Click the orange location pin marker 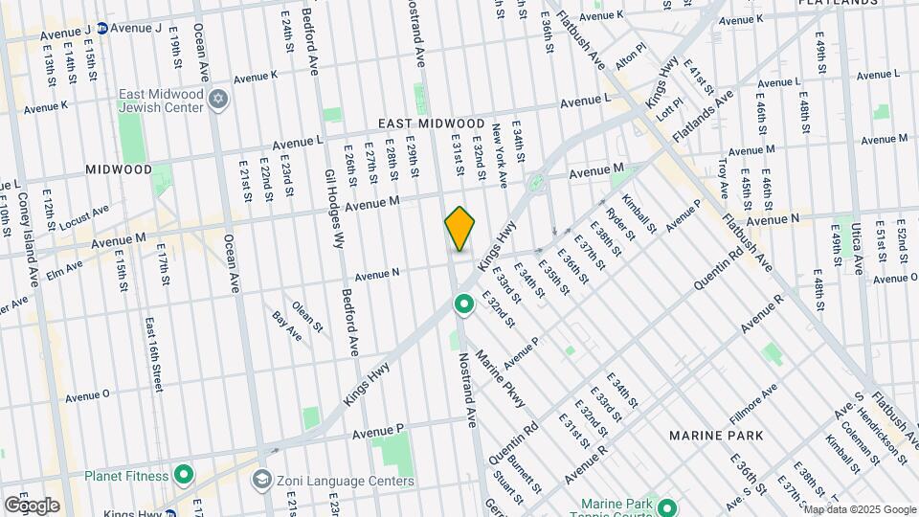pyautogui.click(x=460, y=228)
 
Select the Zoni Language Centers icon pyautogui.click(x=261, y=480)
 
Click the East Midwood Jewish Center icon pyautogui.click(x=218, y=100)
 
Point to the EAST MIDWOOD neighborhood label pyautogui.click(x=431, y=124)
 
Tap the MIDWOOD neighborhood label pyautogui.click(x=119, y=169)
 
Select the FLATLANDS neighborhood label pyautogui.click(x=839, y=3)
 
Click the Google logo pyautogui.click(x=32, y=505)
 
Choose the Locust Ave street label pyautogui.click(x=84, y=216)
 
